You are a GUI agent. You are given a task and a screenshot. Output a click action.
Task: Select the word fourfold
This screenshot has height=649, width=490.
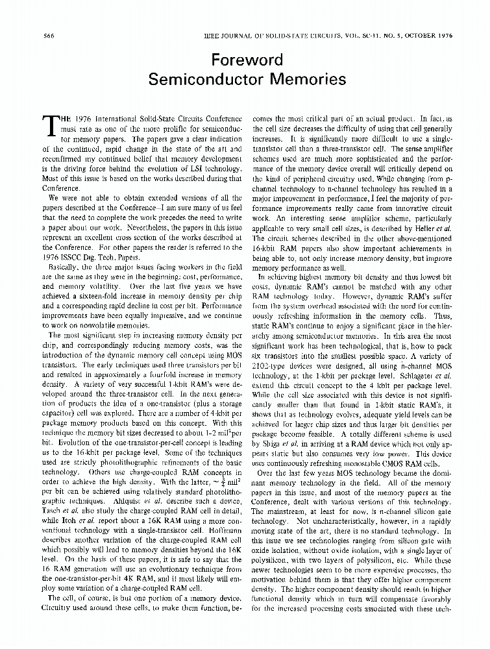pos(170,375)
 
